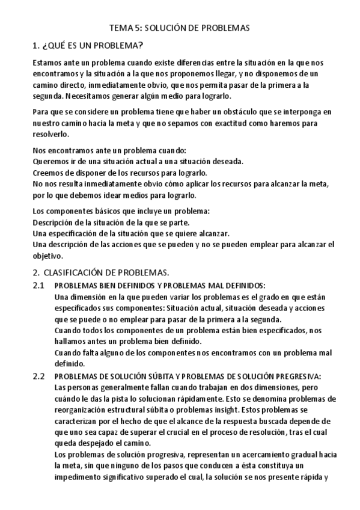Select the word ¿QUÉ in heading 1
pos(56,45)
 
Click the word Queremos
pos(49,161)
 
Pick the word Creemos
pos(46,173)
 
